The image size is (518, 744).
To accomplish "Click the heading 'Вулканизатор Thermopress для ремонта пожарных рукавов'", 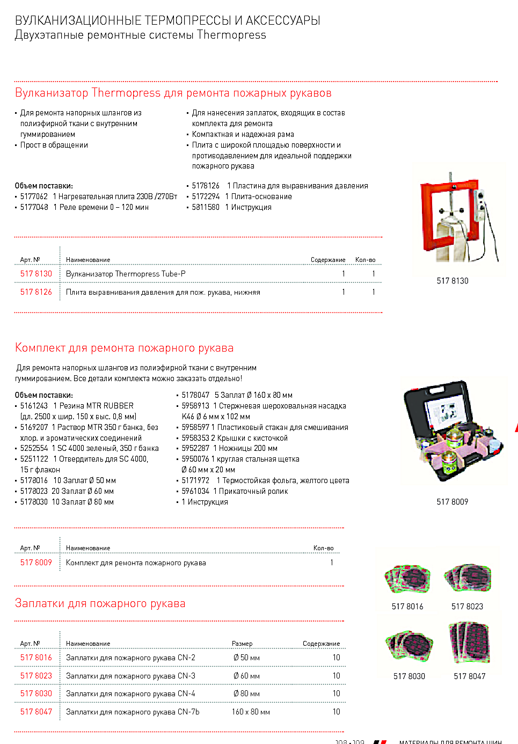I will pos(173,93).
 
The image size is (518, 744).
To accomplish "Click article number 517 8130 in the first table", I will pos(36,274).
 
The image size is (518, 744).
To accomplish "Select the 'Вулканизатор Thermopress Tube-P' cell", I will pos(126,274).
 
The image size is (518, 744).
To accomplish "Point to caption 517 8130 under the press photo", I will pos(452,281).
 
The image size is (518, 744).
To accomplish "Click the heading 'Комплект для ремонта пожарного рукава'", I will pos(124,348).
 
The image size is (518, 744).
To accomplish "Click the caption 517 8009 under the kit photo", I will pos(452,502).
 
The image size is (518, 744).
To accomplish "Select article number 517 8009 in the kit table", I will pos(36,563).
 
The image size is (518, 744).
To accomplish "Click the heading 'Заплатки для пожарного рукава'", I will pos(100,603).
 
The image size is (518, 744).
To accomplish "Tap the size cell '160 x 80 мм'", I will pos(251,712).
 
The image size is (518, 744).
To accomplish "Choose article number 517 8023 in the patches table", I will pos(36,676).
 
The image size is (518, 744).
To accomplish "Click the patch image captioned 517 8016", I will pos(408,579).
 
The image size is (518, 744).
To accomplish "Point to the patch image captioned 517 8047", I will pos(470,643).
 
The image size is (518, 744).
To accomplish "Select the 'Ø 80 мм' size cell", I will pos(246,694).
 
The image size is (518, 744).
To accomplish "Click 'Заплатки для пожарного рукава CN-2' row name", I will pos(130,658).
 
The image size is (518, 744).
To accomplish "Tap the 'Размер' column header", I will pos(242,644).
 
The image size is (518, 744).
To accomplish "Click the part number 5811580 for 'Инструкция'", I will pos(206,207).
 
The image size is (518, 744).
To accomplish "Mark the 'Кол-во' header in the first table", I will pos(365,260).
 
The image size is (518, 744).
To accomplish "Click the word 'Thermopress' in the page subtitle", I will pos(231,35).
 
